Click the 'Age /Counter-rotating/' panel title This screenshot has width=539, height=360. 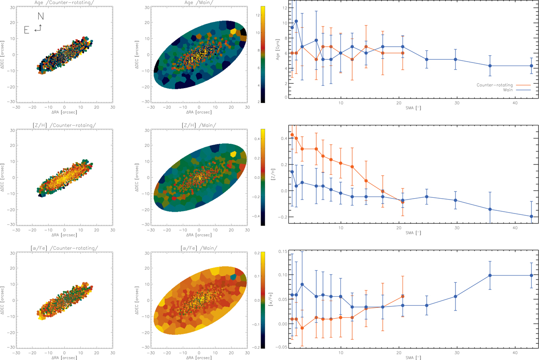(x=64, y=3)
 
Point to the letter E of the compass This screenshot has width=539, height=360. (x=27, y=30)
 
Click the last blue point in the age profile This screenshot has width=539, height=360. (x=531, y=66)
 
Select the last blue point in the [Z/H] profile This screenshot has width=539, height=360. (x=531, y=216)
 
